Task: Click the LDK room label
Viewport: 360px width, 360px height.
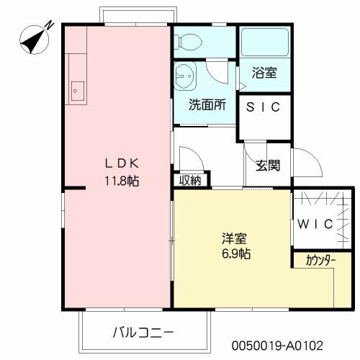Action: point(122,163)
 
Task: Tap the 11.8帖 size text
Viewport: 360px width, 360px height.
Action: point(122,181)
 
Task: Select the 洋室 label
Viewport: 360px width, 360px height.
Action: point(234,238)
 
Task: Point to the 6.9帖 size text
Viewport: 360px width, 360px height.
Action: point(236,253)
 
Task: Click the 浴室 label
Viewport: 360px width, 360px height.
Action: point(264,73)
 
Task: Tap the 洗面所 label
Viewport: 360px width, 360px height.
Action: point(207,104)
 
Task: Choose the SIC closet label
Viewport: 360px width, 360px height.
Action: point(263,107)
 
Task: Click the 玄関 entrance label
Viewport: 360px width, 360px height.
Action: point(268,166)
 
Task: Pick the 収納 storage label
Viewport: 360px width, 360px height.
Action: point(191,180)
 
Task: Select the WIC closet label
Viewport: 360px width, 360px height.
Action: point(315,224)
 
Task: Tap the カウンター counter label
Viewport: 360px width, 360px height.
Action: point(320,261)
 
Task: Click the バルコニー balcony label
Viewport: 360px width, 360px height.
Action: point(143,333)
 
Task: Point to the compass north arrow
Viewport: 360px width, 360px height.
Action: point(34,40)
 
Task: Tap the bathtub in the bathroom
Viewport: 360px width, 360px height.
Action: point(265,42)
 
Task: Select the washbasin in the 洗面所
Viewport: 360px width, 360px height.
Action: point(185,76)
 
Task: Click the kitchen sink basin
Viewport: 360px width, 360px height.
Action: point(78,91)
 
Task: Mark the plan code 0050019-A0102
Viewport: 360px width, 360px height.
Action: point(277,346)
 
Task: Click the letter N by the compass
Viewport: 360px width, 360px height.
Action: point(50,24)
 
